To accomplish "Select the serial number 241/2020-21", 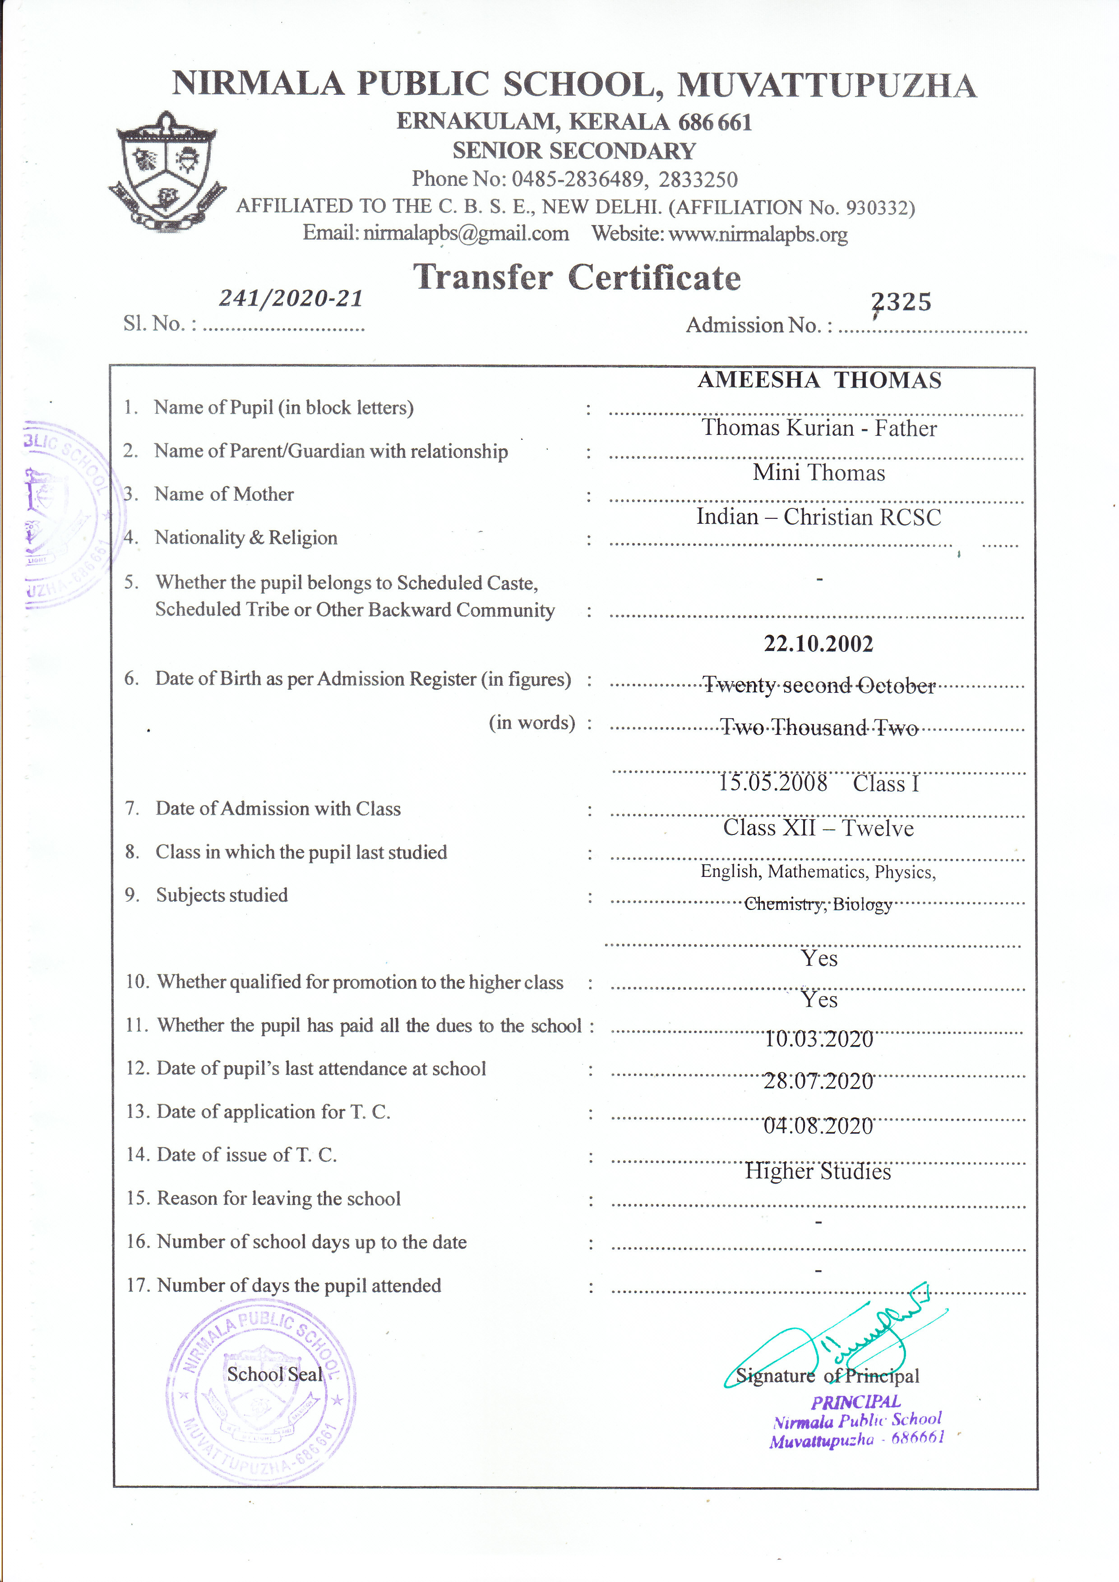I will pos(291,298).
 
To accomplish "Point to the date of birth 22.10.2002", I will pos(818,644).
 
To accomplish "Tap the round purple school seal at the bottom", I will pos(261,1391).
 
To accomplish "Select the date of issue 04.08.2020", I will pos(818,1126).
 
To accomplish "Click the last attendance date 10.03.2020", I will pos(818,1039).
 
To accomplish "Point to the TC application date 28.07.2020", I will pos(818,1082).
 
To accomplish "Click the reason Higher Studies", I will pos(818,1172).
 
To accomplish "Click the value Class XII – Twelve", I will pos(818,827).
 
